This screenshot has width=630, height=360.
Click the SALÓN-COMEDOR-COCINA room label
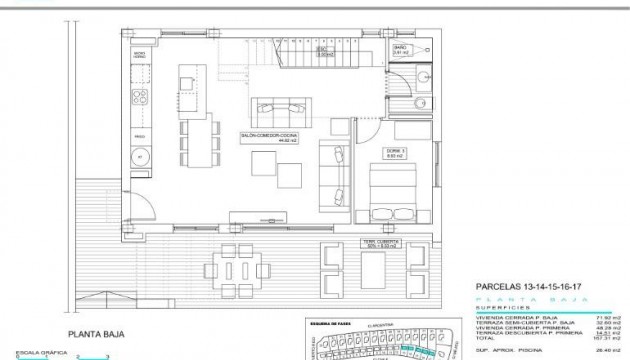tap(266, 138)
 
